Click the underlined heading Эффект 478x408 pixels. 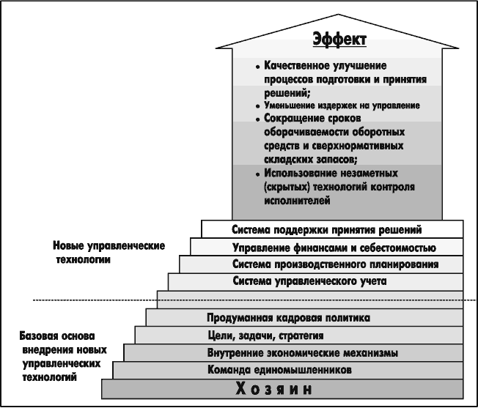pos(339,40)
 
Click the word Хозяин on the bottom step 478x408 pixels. pos(274,389)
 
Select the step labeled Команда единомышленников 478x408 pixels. pos(288,370)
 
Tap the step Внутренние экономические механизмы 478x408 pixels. pos(293,352)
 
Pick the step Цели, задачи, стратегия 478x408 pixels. pos(299,335)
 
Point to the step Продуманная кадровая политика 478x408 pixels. pos(304,317)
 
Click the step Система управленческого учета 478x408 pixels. pos(315,281)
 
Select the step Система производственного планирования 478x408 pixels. pos(321,264)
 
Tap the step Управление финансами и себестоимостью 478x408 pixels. pos(326,247)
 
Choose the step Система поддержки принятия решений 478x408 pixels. pos(332,229)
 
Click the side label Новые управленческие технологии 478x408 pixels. pos(109,253)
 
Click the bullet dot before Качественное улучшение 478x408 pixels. pos(258,67)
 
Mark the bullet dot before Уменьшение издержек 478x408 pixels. pos(258,106)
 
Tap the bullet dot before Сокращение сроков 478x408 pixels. pos(258,119)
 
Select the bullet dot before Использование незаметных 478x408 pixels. pos(258,174)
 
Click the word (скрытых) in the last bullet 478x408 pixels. pos(287,187)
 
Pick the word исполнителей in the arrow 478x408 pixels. pos(297,201)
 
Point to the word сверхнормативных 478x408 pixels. pos(358,146)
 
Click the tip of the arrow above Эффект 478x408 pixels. pos(338,14)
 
